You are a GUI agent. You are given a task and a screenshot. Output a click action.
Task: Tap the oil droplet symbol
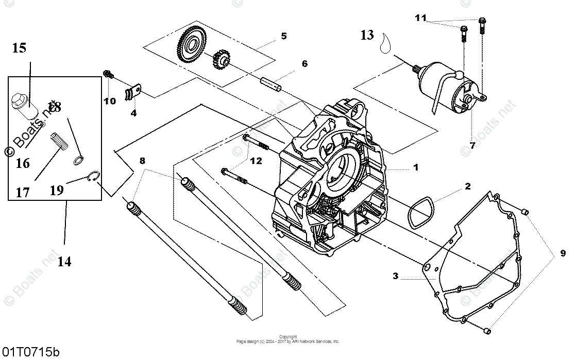click(x=384, y=44)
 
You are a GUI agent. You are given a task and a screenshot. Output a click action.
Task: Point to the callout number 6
click(x=304, y=64)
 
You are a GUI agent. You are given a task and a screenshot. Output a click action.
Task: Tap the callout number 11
click(x=421, y=19)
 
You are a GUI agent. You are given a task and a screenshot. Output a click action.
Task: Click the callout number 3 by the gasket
click(x=396, y=276)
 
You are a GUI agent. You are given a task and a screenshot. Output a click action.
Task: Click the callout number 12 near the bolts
click(x=256, y=161)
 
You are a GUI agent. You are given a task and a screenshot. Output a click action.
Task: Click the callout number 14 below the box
click(x=64, y=261)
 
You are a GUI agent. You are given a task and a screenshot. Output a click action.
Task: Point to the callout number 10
click(x=110, y=101)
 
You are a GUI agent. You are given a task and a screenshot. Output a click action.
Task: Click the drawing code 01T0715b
click(x=30, y=353)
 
